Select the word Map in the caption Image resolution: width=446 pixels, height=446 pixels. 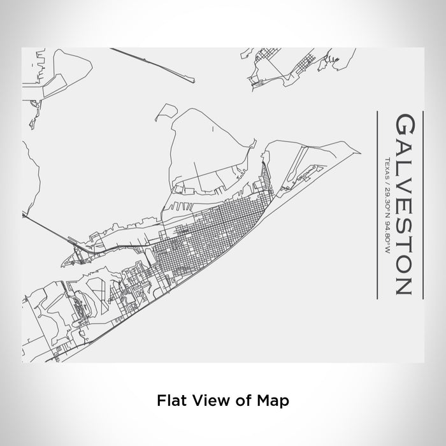coord(275,401)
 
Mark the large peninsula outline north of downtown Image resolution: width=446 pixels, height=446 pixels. coord(210,147)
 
